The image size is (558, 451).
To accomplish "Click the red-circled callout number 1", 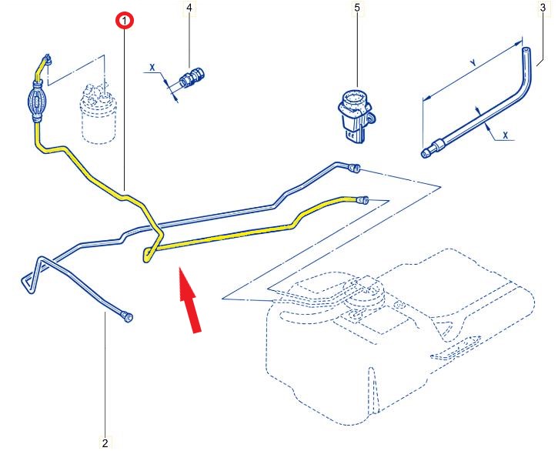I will pos(124,21).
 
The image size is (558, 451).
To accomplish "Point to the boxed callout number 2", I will pos(104,443).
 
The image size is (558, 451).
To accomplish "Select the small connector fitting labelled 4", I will pos(191,77).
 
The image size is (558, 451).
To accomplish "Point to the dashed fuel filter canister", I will pos(98,115).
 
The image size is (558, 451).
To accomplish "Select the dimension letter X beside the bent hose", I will pos(506,135).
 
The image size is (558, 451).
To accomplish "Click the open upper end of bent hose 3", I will pos(526,51).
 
